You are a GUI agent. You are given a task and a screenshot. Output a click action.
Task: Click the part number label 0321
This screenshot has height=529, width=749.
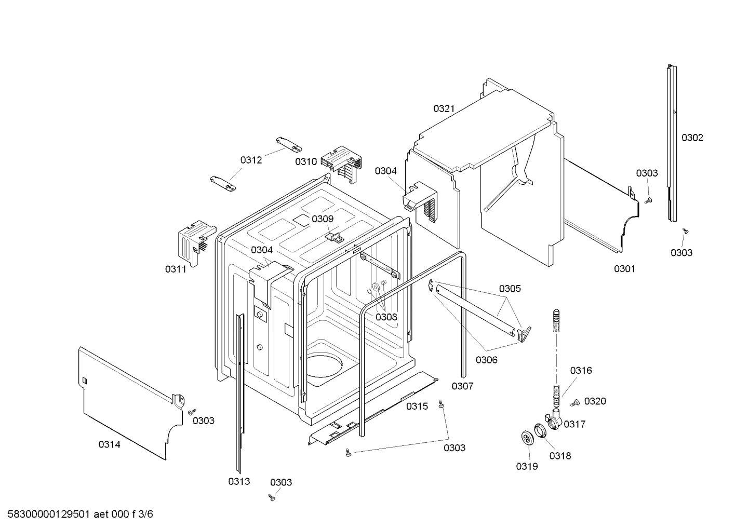444,108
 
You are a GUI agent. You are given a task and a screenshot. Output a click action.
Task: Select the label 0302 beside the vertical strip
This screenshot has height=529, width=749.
692,138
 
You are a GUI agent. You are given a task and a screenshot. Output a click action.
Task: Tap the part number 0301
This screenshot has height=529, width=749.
624,268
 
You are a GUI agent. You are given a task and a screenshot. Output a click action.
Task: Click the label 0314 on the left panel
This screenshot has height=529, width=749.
109,444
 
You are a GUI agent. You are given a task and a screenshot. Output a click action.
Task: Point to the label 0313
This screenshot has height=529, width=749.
239,481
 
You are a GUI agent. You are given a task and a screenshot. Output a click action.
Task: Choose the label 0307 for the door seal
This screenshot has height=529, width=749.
462,386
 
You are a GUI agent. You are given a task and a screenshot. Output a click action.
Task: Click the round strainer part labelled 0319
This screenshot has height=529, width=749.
528,438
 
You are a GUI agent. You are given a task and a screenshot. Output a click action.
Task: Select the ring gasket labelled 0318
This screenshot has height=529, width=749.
540,431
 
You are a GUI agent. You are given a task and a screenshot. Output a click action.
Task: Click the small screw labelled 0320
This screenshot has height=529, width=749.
575,403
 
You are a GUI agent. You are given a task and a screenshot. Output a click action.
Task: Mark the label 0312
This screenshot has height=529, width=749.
251,160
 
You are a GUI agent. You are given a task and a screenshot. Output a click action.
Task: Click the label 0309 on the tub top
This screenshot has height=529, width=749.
323,219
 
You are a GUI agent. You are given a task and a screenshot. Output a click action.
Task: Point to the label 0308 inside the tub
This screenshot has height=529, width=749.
386,317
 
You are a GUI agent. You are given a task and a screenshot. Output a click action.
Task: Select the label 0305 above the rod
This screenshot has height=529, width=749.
510,289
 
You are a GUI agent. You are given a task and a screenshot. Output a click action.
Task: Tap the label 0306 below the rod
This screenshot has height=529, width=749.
486,360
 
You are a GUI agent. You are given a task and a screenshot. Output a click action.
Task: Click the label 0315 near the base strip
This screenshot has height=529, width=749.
417,406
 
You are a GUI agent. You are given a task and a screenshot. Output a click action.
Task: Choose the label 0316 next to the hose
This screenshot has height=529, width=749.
581,370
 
